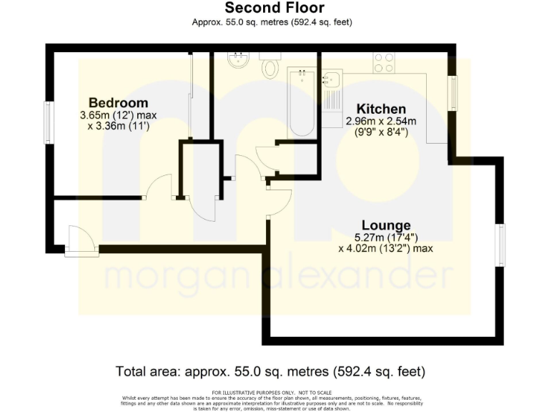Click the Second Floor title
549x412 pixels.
click(274, 9)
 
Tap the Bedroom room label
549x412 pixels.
click(118, 102)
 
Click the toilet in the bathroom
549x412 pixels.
click(271, 67)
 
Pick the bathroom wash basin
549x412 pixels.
click(236, 61)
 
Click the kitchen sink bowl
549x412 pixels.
click(331, 80)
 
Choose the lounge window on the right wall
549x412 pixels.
click(501, 245)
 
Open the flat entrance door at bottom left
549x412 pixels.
click(81, 240)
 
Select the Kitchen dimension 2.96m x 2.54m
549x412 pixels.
click(380, 121)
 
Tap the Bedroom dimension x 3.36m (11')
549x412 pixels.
click(118, 127)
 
